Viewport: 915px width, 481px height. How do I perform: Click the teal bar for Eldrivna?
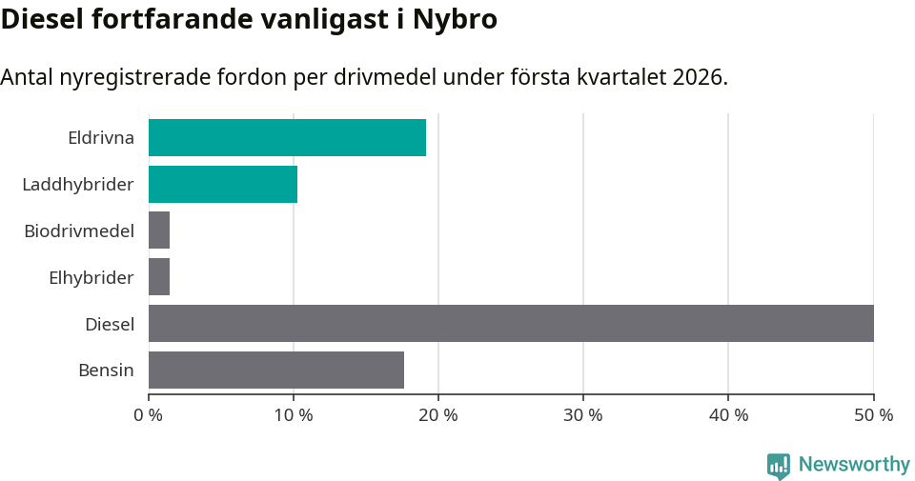287,137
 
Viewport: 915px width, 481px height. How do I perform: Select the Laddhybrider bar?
223,184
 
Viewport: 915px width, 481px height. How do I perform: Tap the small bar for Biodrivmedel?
159,230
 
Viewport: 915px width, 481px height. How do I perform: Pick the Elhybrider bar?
159,277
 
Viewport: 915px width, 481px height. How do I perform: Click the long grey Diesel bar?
511,324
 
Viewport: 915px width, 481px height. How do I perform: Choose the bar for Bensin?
276,370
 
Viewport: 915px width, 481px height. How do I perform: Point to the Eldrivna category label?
101,137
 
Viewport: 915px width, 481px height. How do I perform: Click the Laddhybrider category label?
78,184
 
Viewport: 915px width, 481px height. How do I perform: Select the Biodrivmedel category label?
79,230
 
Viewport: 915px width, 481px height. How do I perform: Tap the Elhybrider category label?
91,277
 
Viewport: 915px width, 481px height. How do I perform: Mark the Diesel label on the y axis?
110,324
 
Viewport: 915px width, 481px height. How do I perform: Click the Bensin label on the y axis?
106,370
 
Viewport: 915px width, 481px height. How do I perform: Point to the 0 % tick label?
149,415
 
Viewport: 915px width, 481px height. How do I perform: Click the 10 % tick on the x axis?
294,415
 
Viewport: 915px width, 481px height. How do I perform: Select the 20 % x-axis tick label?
438,415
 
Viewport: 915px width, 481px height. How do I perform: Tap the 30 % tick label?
583,415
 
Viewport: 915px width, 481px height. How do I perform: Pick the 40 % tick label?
728,415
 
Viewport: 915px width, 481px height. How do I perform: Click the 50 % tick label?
873,415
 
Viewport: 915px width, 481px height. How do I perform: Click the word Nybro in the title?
456,20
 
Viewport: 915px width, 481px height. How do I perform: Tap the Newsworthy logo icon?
779,465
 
